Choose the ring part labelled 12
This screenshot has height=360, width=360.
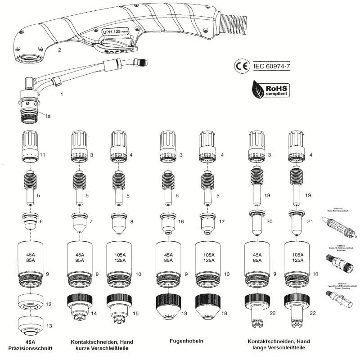tap(31, 304)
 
